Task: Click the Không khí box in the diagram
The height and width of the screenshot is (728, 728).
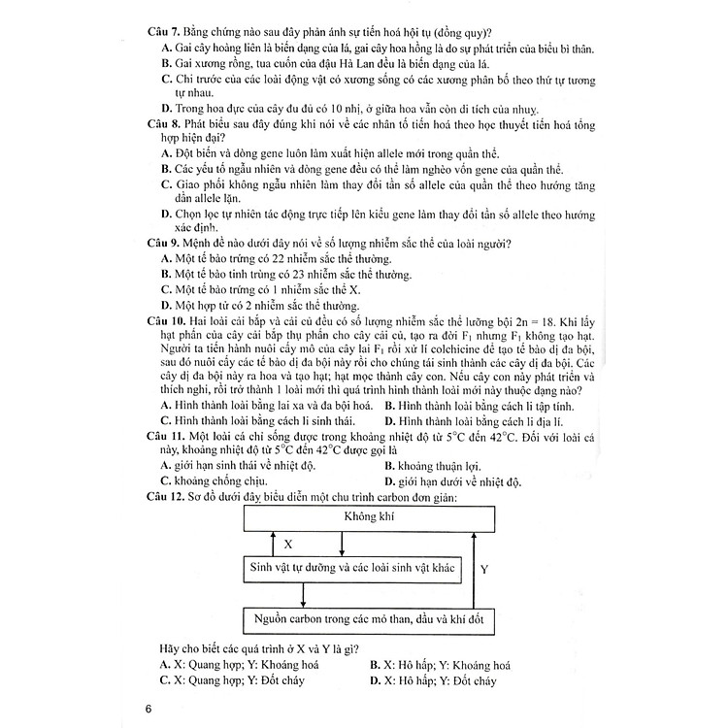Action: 357,516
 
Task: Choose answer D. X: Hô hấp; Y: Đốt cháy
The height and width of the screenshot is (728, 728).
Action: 433,682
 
